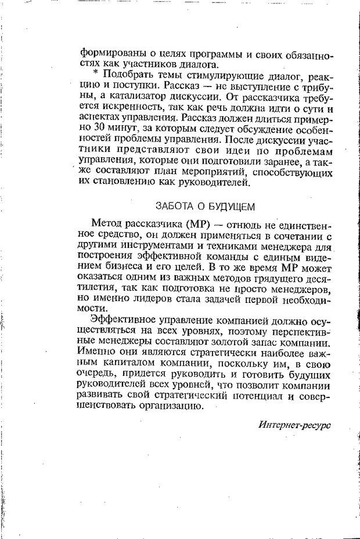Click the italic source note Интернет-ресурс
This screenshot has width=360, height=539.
pyautogui.click(x=294, y=425)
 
